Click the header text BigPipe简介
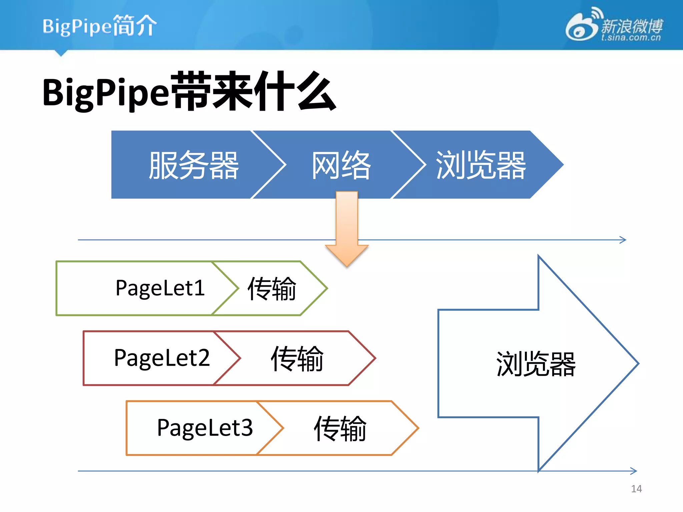pyautogui.click(x=99, y=26)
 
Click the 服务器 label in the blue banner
pyautogui.click(x=194, y=165)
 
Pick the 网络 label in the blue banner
pyautogui.click(x=341, y=165)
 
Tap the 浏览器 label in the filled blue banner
pyautogui.click(x=481, y=165)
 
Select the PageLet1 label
pyautogui.click(x=160, y=288)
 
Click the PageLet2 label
pyautogui.click(x=162, y=358)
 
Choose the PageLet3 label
pyautogui.click(x=205, y=428)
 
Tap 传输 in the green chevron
pyautogui.click(x=272, y=289)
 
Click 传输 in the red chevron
pyautogui.click(x=297, y=359)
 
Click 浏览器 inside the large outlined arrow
pyautogui.click(x=536, y=364)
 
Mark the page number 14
pyautogui.click(x=636, y=489)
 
